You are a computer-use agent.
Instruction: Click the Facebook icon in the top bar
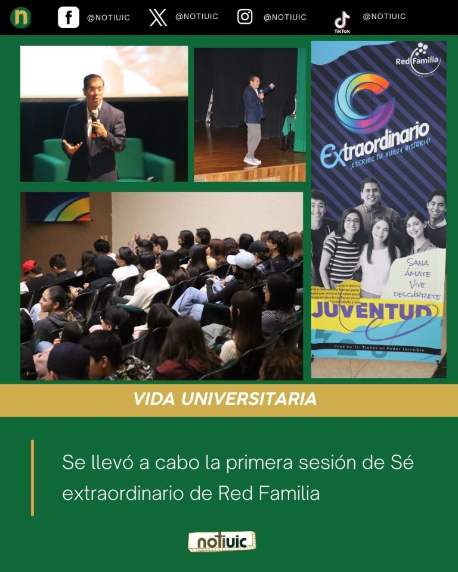point(69,17)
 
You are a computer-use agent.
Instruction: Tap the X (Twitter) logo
point(158,17)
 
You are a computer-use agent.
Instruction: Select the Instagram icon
point(245,17)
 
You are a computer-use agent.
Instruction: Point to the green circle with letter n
point(21,17)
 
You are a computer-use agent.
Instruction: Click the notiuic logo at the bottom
point(222,542)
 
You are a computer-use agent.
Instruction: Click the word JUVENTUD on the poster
point(377,310)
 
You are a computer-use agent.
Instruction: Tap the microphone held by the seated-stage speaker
point(94,116)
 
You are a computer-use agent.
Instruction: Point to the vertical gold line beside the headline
point(32,477)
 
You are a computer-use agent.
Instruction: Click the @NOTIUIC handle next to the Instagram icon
point(284,17)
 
